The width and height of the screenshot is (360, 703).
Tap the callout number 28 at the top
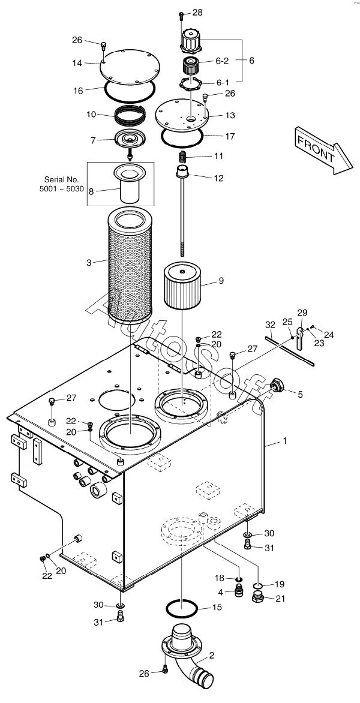(198, 13)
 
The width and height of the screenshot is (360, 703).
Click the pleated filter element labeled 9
(182, 286)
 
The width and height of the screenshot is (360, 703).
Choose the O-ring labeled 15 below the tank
(182, 610)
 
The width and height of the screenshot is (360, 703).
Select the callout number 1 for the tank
(284, 441)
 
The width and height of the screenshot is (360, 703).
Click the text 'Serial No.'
(62, 179)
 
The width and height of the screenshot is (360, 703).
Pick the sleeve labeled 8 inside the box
(131, 184)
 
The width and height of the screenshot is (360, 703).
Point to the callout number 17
(230, 136)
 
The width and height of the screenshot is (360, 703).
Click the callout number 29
(302, 312)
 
